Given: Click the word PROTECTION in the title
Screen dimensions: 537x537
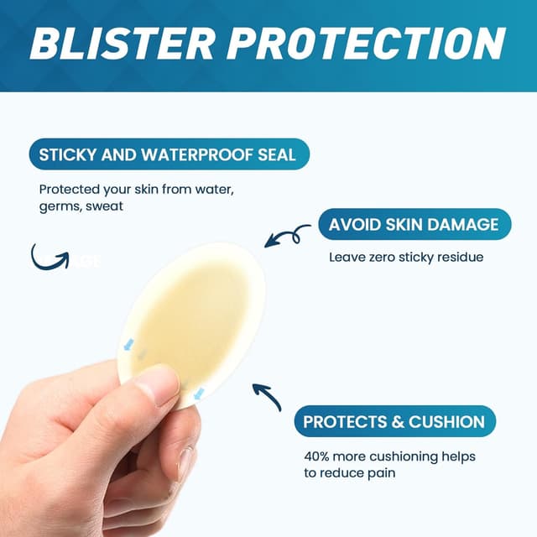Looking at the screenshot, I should point(369,42).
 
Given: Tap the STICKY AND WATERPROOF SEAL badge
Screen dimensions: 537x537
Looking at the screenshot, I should point(168,155).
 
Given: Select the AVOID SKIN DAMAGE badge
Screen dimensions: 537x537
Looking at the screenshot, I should point(414,225).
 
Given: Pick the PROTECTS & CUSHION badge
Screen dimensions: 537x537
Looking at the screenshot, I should point(394,422).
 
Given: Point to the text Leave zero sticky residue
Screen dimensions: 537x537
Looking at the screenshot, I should point(406,257).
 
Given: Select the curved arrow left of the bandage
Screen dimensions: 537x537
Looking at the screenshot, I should point(49,256).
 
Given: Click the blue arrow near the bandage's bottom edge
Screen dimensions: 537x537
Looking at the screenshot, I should point(199,393).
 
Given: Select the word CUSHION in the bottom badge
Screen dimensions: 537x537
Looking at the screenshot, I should point(446,422).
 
